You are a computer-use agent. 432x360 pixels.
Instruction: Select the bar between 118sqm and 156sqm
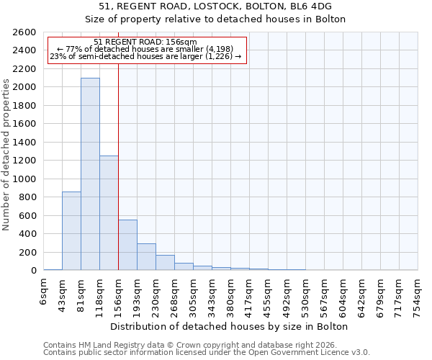[x=109, y=212]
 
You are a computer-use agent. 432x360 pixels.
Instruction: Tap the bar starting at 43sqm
[x=71, y=230]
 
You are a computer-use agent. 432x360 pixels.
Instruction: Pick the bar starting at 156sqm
[x=127, y=245]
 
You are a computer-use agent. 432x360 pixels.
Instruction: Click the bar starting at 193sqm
[x=146, y=256]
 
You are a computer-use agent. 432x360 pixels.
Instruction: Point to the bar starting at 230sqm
[x=165, y=263]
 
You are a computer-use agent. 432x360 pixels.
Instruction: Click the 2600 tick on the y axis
[x=25, y=32]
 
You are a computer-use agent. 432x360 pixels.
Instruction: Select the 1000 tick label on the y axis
[x=25, y=179]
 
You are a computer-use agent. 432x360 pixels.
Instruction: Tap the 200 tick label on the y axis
[x=28, y=252]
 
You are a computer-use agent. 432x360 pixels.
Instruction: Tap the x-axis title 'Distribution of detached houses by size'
[x=230, y=327]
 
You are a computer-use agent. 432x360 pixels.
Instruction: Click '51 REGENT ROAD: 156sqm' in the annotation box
[x=145, y=42]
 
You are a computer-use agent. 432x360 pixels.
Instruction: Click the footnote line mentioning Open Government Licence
[x=207, y=353]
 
